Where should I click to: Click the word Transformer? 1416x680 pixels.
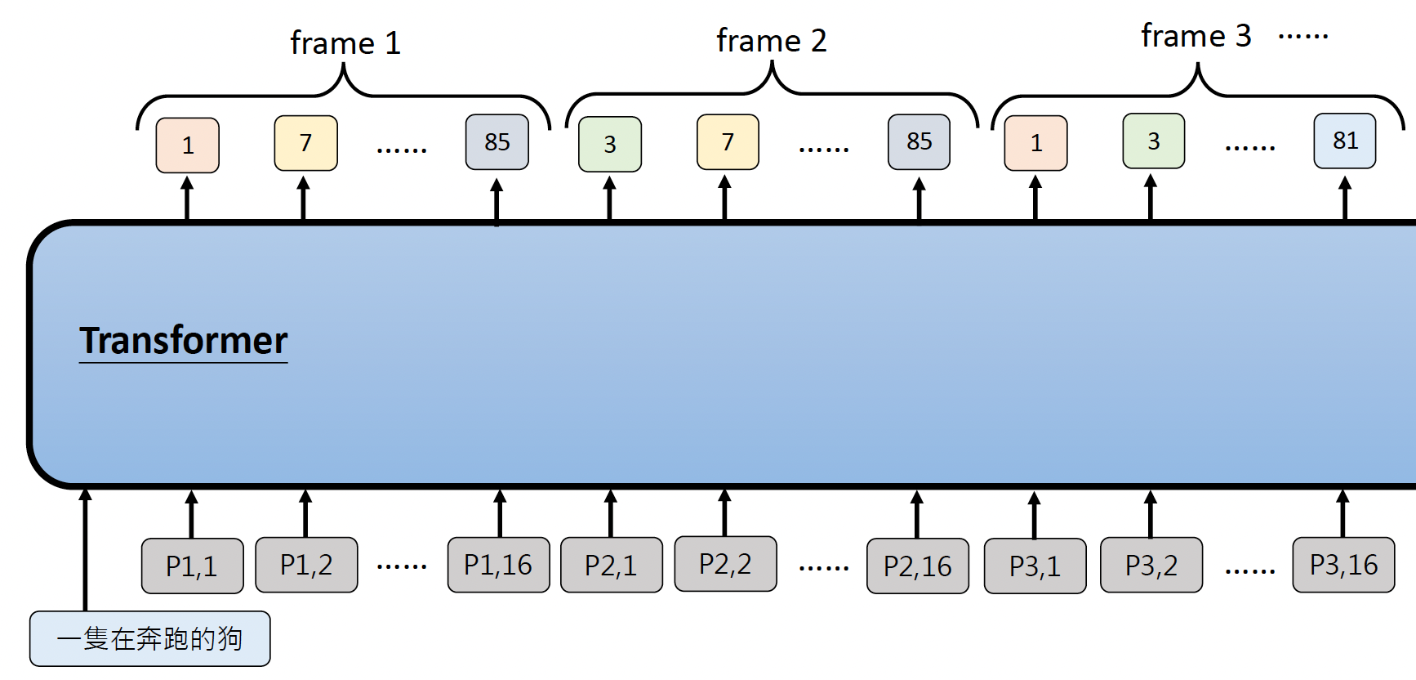[x=184, y=341]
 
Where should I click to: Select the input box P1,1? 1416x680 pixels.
[x=192, y=566]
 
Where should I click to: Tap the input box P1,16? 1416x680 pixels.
[x=498, y=565]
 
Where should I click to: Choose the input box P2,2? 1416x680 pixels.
[x=725, y=564]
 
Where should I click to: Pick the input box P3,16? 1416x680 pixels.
[x=1343, y=565]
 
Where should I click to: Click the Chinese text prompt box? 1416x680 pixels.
[x=149, y=638]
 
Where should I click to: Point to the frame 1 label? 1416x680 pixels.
[x=345, y=43]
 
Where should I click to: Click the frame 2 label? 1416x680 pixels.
[x=772, y=41]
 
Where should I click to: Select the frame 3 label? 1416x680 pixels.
[x=1196, y=37]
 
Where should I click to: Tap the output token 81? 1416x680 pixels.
[x=1345, y=141]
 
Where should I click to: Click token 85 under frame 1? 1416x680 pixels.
[x=496, y=142]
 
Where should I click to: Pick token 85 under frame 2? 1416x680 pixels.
[x=919, y=142]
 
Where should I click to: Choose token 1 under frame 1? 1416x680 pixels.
[x=188, y=145]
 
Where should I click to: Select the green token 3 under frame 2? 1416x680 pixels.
[x=610, y=145]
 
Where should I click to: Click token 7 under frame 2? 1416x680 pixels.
[x=728, y=142]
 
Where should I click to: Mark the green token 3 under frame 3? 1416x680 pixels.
[x=1153, y=141]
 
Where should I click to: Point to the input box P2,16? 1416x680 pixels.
[x=917, y=566]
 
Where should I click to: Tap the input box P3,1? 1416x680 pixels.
[x=1035, y=566]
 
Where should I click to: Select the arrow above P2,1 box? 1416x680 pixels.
[x=610, y=513]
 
